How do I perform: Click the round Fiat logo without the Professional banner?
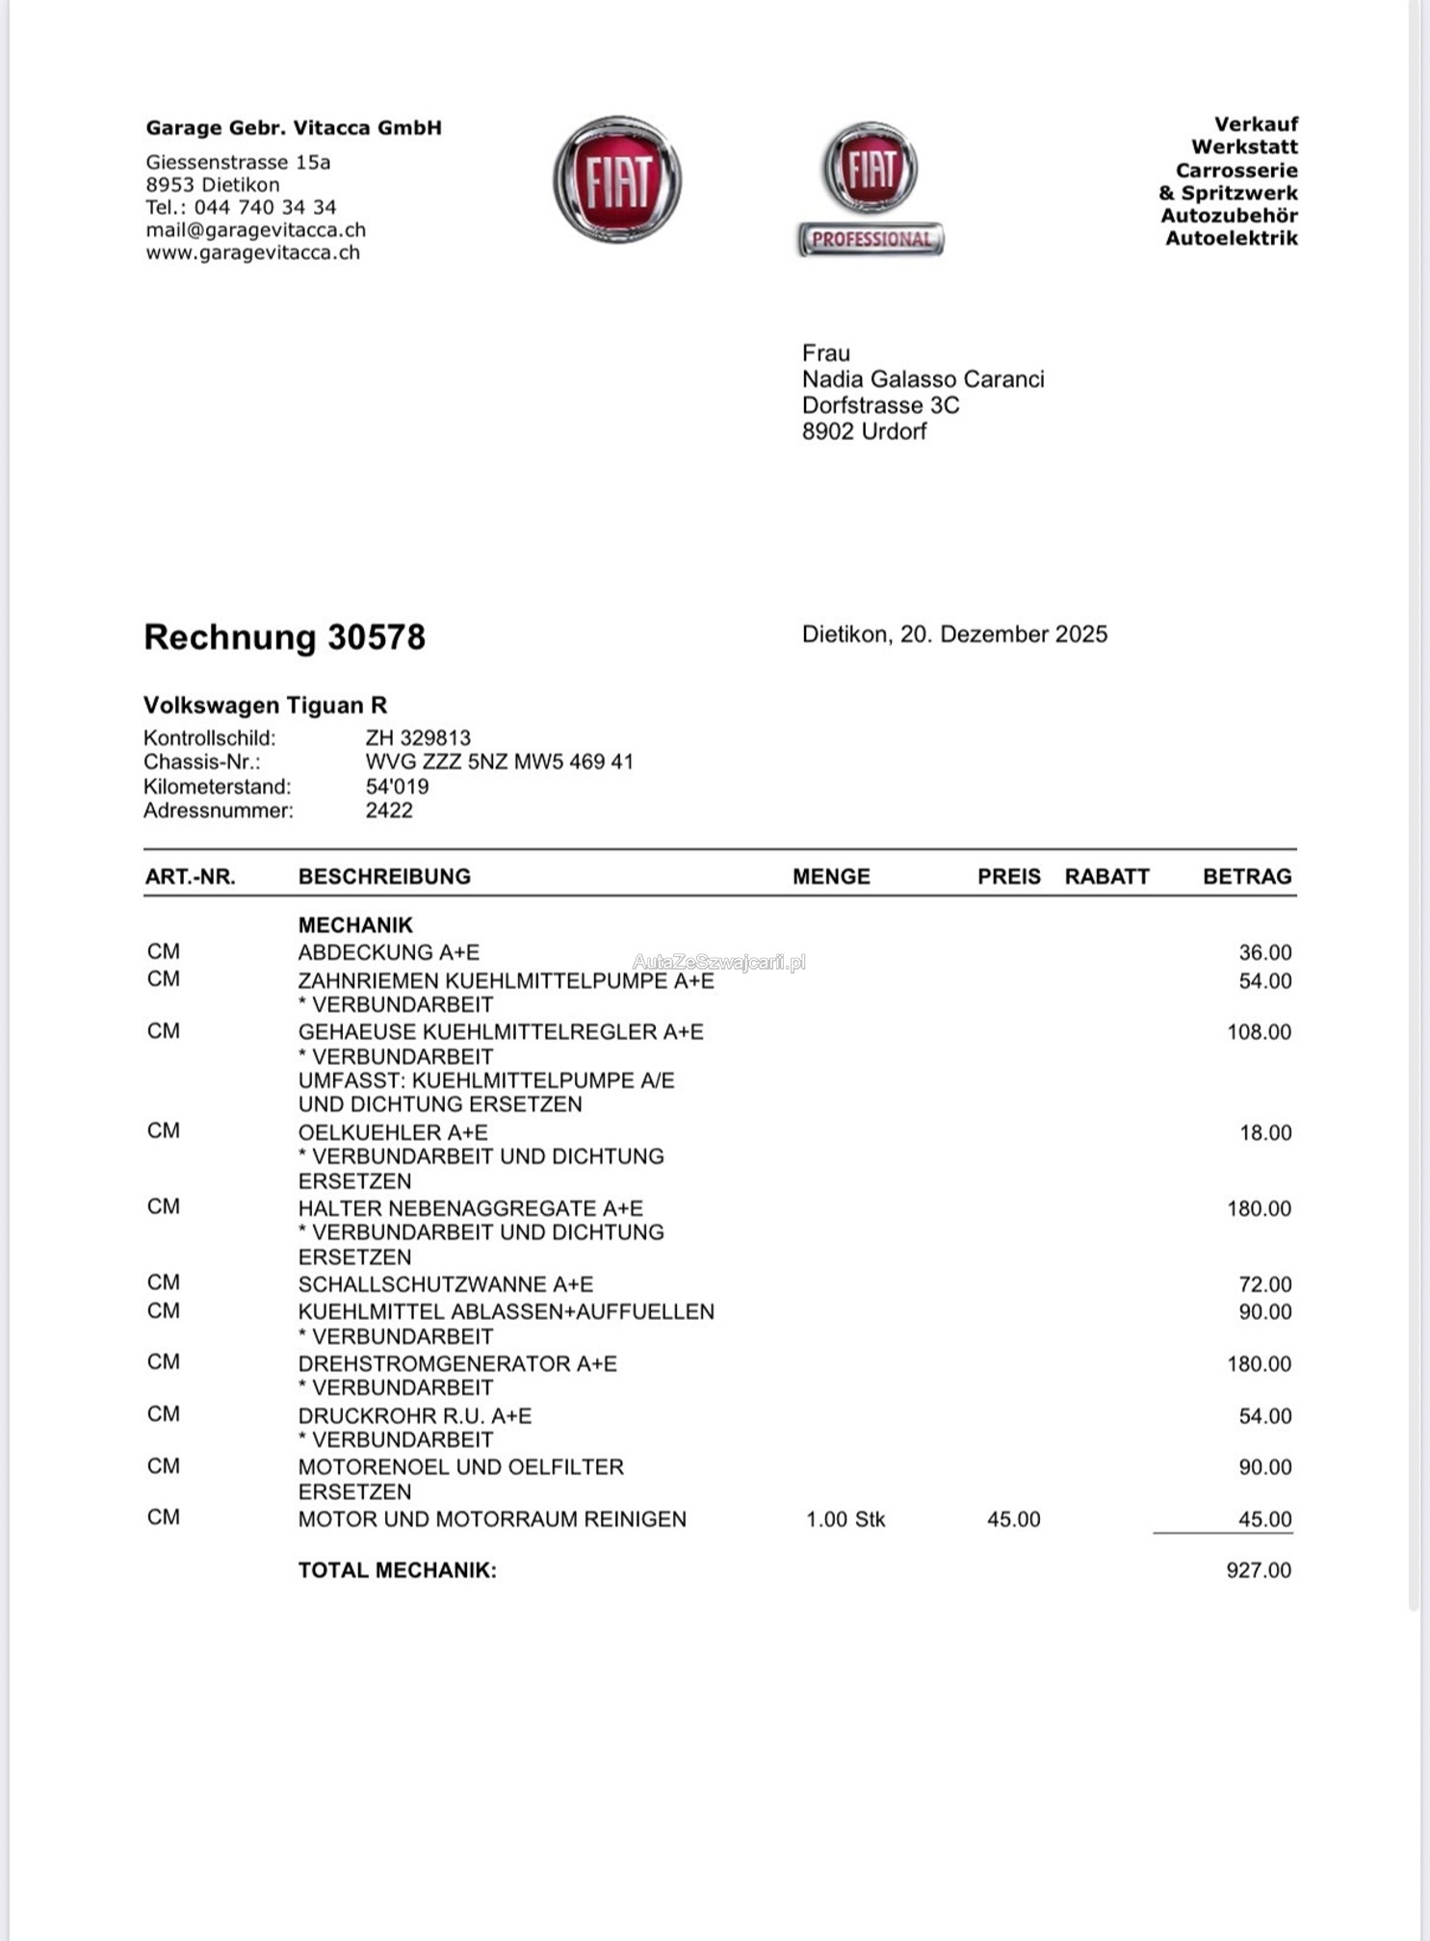617,180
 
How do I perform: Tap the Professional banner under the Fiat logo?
871,239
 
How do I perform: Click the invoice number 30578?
377,637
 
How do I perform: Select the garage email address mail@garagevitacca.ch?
255,230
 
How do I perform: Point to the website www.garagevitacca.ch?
252,252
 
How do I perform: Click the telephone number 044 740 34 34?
265,207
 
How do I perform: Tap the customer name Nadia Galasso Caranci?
923,379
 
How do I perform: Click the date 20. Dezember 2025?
1003,634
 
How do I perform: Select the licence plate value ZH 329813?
418,738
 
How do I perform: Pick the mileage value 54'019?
397,786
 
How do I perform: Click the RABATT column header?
1106,876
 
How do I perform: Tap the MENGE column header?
831,876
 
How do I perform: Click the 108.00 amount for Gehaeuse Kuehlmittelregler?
1259,1032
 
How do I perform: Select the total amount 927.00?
1259,1570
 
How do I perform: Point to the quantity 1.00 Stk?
845,1519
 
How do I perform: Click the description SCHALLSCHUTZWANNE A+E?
445,1284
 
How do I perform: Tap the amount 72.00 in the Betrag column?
1264,1284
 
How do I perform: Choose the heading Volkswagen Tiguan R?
265,705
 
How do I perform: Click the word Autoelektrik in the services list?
1231,238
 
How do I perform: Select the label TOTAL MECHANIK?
397,1570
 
